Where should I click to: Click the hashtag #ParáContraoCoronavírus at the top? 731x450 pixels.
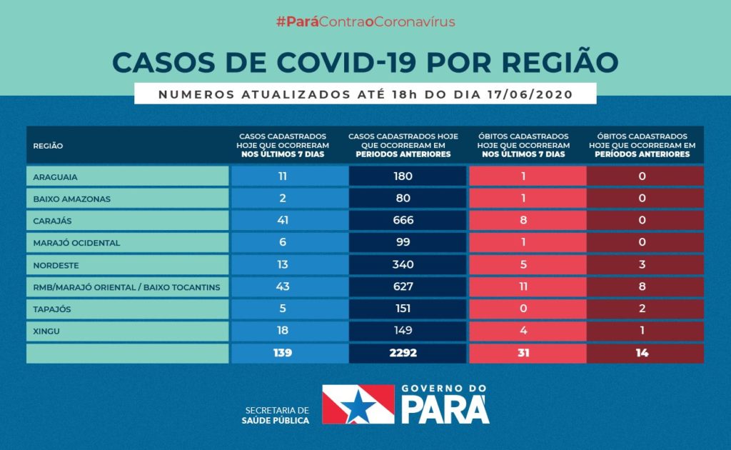[x=365, y=22]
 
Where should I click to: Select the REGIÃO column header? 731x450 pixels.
[x=48, y=146]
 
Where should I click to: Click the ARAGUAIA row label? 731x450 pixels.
[x=55, y=176]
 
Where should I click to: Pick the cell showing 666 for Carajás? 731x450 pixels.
[x=403, y=221]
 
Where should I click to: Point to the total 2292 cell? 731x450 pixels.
[x=403, y=353]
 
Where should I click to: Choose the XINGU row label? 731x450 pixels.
[x=46, y=331]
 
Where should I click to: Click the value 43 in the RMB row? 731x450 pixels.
[x=283, y=287]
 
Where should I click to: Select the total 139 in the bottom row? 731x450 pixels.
[x=283, y=353]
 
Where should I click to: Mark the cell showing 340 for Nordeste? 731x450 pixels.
[x=403, y=265]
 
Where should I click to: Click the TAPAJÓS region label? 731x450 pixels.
[x=52, y=309]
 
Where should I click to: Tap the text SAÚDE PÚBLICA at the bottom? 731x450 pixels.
[x=275, y=421]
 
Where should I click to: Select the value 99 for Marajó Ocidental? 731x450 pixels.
[x=403, y=243]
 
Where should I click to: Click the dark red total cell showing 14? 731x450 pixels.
[x=642, y=353]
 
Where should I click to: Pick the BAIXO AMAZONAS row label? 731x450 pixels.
[x=71, y=199]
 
